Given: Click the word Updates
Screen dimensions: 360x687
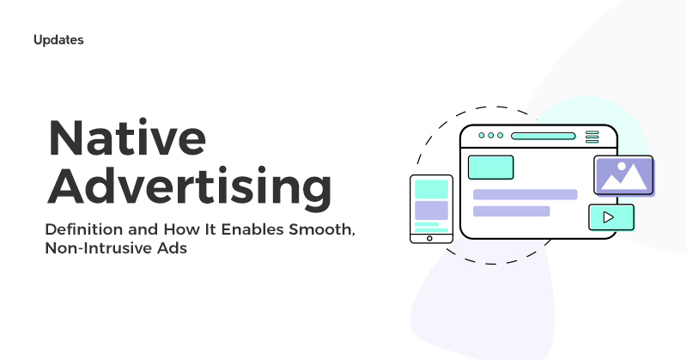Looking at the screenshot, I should pos(58,40).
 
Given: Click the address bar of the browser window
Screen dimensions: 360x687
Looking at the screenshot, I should pos(543,136).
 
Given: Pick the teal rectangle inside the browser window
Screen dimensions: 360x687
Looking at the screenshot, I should pos(489,167).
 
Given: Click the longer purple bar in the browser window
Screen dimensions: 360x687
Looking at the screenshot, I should pos(525,194).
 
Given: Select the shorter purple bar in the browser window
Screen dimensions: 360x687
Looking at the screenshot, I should pos(511,211).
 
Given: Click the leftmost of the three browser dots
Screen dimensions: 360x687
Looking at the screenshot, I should pos(481,136).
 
